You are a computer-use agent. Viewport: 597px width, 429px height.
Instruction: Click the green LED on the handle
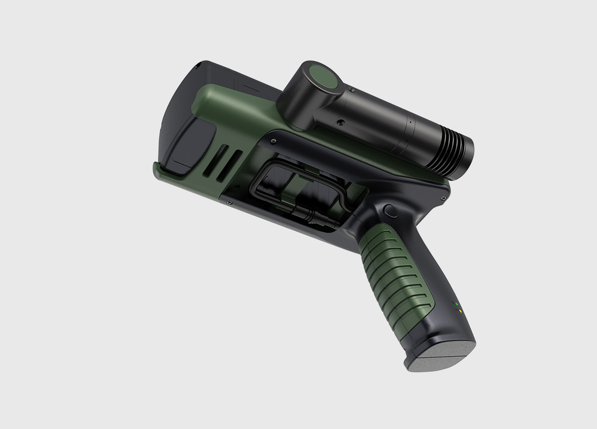(457, 304)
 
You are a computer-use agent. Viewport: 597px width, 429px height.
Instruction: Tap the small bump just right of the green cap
(351, 90)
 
